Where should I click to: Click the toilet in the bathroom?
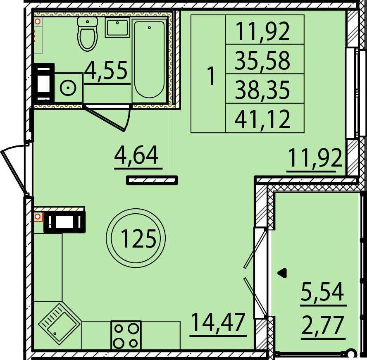87,34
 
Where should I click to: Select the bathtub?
149,61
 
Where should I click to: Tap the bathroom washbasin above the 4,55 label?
117,28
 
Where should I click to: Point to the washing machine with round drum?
68,88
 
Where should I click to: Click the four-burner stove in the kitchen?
126,336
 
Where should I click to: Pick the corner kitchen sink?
60,324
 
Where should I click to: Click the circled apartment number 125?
136,238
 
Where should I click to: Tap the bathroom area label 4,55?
106,70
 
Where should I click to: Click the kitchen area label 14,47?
218,323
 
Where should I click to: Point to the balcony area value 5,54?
322,291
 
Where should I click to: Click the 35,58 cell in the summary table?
265,59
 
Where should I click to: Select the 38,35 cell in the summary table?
265,88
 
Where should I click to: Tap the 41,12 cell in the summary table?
265,118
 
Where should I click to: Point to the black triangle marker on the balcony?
283,273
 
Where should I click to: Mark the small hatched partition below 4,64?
152,180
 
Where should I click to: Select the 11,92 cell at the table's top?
265,29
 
